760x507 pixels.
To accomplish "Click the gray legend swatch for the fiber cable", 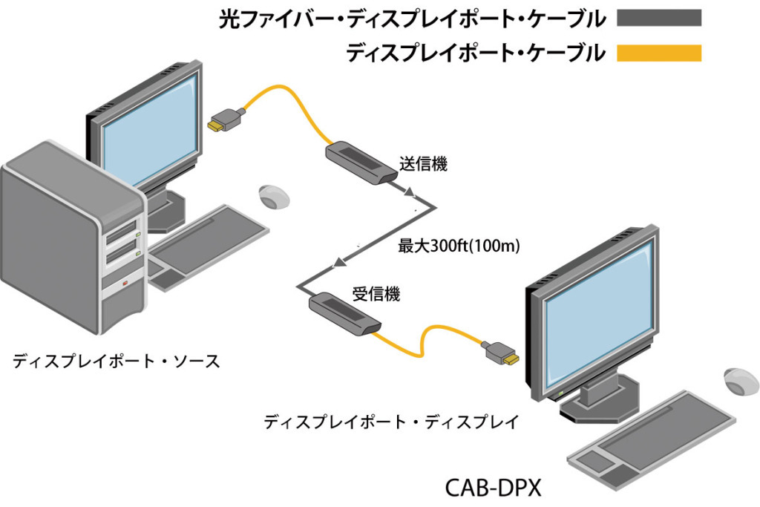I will [x=659, y=18].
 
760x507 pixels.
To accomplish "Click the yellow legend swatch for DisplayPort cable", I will [x=659, y=53].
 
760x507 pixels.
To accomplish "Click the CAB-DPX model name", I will [x=494, y=488].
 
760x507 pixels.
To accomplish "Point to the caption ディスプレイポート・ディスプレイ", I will [x=390, y=422].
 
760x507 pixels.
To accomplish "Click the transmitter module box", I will [x=360, y=163].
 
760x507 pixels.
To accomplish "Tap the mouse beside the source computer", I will [x=272, y=197].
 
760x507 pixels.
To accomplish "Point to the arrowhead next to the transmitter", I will [x=408, y=194].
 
